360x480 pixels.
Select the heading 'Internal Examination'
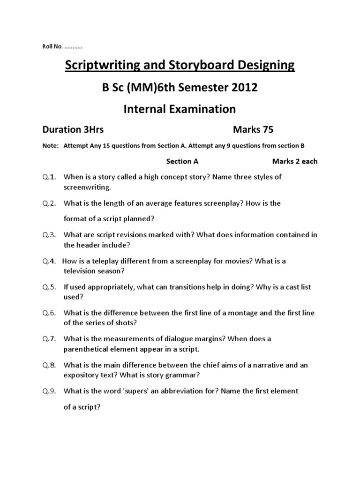tap(180, 109)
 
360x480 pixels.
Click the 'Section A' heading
tap(183, 161)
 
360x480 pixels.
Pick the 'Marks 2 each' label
tap(295, 161)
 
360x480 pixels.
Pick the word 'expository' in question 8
tap(81, 375)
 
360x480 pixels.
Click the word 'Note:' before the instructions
tap(49, 146)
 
